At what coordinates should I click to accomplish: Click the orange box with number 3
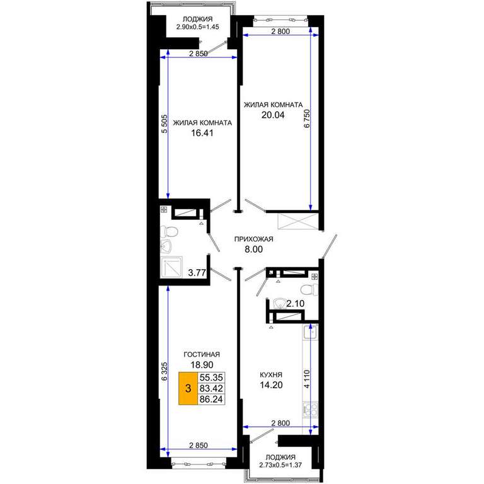click(x=188, y=388)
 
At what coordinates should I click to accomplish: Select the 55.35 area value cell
click(x=211, y=377)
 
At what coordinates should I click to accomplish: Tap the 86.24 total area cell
click(x=211, y=399)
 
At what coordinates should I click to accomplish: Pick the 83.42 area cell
click(x=211, y=388)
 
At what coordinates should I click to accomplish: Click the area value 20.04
click(x=273, y=115)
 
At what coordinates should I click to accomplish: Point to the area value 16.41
click(x=202, y=133)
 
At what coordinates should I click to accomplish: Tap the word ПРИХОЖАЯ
click(x=254, y=239)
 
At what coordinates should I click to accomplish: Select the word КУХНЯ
click(x=271, y=375)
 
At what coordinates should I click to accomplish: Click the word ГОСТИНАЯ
click(x=202, y=354)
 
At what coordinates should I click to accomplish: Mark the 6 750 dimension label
click(x=307, y=118)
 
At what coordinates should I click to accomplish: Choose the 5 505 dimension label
click(x=164, y=124)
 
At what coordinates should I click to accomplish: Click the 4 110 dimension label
click(x=306, y=379)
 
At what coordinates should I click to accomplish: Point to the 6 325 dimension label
click(x=164, y=371)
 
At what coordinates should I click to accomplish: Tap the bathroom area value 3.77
click(x=197, y=272)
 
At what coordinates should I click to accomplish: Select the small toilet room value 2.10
click(x=296, y=304)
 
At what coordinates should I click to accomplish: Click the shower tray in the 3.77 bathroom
click(x=171, y=267)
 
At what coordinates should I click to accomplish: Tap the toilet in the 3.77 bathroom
click(x=169, y=231)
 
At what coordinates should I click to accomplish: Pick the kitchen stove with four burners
click(x=310, y=410)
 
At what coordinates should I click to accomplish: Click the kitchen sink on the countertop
click(x=310, y=332)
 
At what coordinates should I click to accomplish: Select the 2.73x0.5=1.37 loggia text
click(x=280, y=465)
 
